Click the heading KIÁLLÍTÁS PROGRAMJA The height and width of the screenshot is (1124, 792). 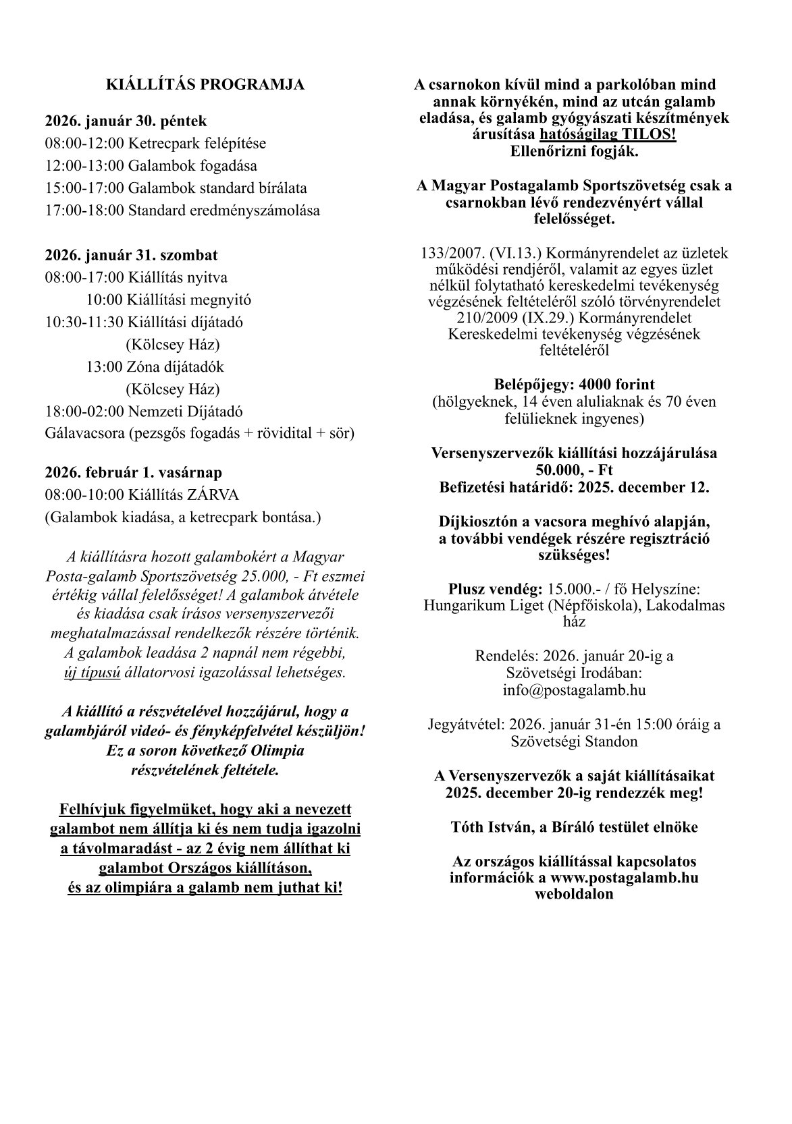pyautogui.click(x=205, y=84)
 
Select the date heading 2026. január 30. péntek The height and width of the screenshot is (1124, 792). pyautogui.click(x=126, y=121)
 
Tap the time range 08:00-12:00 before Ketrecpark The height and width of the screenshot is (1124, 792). pyautogui.click(x=85, y=144)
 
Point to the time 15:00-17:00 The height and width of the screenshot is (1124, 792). pyautogui.click(x=85, y=188)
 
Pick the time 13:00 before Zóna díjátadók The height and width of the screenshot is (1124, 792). pyautogui.click(x=107, y=367)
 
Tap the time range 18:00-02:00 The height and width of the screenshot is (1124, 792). pyautogui.click(x=85, y=411)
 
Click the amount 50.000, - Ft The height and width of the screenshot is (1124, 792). pyautogui.click(x=574, y=470)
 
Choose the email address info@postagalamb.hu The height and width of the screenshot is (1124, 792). pyautogui.click(x=574, y=690)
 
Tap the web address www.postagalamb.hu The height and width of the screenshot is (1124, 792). pyautogui.click(x=624, y=878)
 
